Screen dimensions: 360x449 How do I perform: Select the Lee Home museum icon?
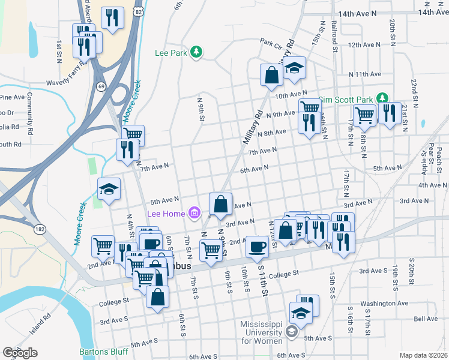coord(194,213)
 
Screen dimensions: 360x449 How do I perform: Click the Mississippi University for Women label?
coord(262,332)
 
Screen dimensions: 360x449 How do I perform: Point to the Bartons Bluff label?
coord(102,352)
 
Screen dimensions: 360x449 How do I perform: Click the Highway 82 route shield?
coord(139,11)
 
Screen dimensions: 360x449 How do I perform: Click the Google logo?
coord(20,353)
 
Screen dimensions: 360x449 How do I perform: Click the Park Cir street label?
coord(271,42)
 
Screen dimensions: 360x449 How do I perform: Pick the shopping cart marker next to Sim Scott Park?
coord(364,115)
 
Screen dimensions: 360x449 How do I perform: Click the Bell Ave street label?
coord(426,319)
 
